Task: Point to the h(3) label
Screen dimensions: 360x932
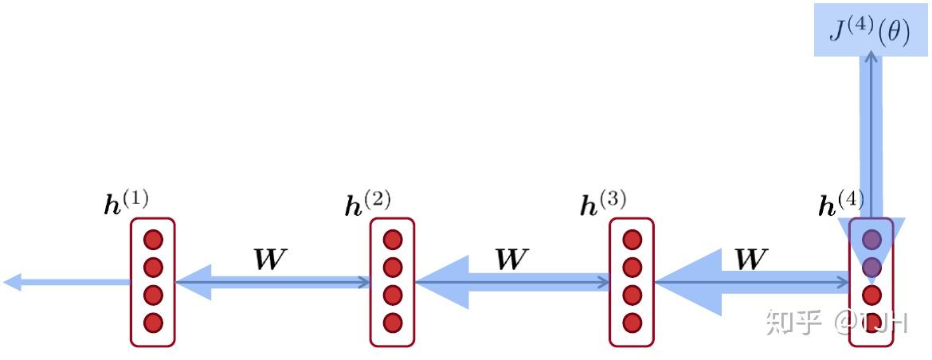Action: point(602,204)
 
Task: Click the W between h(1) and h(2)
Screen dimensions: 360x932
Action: point(269,260)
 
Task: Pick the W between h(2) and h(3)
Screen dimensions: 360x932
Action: point(510,260)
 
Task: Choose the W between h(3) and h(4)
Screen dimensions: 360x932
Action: point(750,260)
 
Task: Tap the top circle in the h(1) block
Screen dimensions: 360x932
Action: point(153,239)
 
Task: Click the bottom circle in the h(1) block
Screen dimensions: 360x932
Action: point(153,323)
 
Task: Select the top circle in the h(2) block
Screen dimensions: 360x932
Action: point(392,239)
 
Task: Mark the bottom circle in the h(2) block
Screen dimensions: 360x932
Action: point(392,323)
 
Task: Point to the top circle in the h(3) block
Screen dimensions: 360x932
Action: point(632,239)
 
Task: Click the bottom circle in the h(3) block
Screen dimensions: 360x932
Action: point(632,323)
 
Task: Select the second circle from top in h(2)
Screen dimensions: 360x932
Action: point(392,267)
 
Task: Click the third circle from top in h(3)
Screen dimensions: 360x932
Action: point(632,295)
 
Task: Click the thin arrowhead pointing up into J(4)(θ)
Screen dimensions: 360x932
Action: point(871,57)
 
